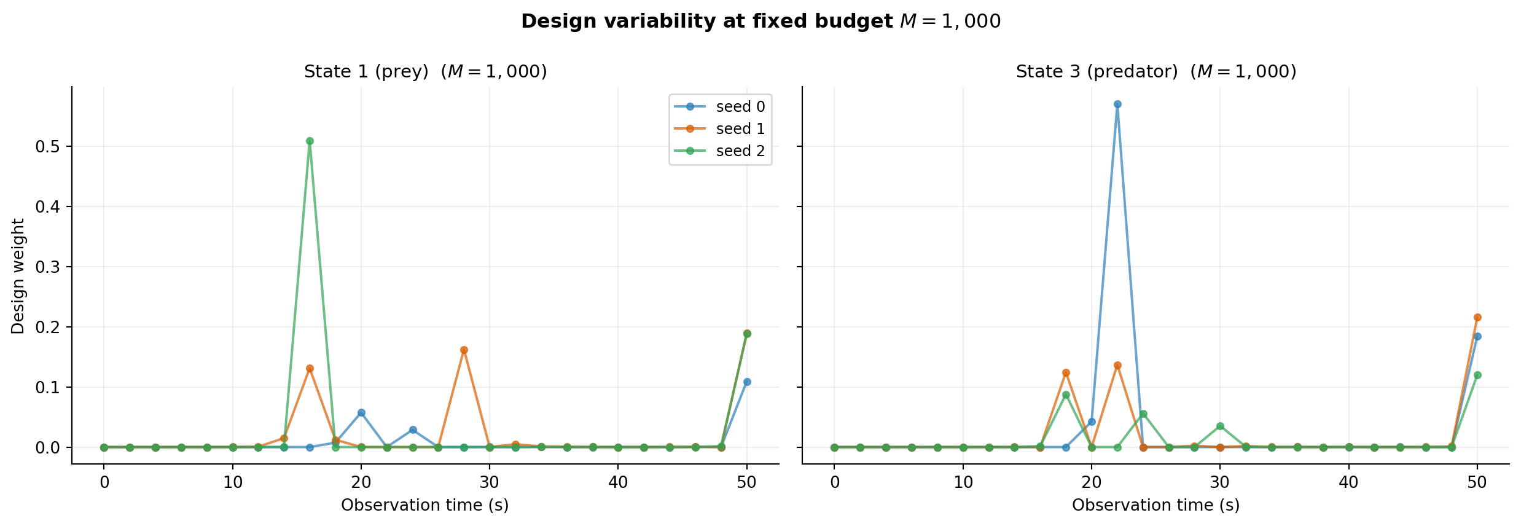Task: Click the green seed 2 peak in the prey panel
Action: click(x=310, y=141)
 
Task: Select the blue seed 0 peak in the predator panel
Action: click(x=1117, y=104)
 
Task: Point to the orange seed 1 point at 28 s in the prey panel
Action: click(x=464, y=350)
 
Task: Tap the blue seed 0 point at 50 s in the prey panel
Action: click(x=747, y=382)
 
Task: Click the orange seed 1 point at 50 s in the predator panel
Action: click(x=1477, y=317)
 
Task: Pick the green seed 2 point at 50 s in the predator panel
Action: click(x=1477, y=375)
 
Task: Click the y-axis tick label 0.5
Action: click(x=47, y=146)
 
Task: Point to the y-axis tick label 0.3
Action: click(x=47, y=267)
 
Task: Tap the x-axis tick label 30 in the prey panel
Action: click(x=490, y=482)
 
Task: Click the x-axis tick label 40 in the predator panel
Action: click(x=1348, y=482)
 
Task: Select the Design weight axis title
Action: click(x=18, y=276)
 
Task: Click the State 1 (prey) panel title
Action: click(x=425, y=72)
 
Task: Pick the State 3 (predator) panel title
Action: click(x=1155, y=72)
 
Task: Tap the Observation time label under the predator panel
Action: click(x=1155, y=505)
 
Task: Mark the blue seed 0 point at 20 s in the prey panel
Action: click(x=361, y=413)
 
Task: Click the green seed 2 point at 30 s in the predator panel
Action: click(x=1220, y=426)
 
